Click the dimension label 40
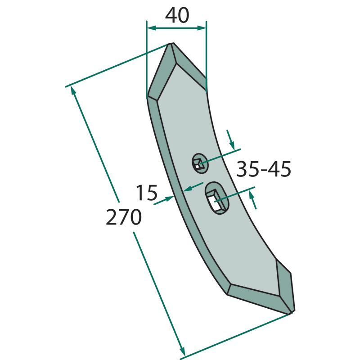177,16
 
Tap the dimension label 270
123,217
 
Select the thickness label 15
147,193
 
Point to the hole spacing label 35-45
264,169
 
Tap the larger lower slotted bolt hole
217,198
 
